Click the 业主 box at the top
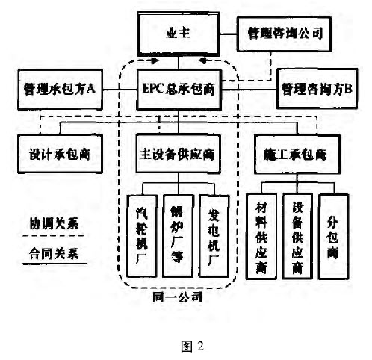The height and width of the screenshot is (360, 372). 179,34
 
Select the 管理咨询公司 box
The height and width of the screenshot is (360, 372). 284,34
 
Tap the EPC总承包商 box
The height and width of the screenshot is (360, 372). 179,90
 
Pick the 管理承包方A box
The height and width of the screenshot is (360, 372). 60,90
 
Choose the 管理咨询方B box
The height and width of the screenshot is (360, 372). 317,89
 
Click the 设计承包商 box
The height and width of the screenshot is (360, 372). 60,154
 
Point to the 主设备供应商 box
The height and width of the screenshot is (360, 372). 179,154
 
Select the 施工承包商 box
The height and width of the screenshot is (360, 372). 297,154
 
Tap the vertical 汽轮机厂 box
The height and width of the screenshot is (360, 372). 142,236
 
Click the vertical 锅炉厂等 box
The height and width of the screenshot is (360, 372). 178,236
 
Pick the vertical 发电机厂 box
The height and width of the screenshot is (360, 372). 214,236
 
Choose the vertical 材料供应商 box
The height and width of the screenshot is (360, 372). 261,237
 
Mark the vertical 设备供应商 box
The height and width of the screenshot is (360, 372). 297,237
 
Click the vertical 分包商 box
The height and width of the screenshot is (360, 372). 333,237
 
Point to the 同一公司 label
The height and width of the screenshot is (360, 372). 177,297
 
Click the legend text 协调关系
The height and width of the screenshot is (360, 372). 54,223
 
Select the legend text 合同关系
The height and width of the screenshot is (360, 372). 54,254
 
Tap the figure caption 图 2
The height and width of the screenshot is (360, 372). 193,346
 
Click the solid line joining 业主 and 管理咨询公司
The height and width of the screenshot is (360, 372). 229,34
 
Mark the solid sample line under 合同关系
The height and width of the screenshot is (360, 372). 55,264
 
